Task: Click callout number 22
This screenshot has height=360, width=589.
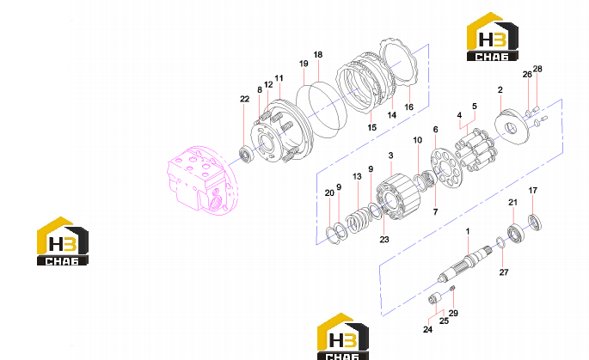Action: (x=244, y=99)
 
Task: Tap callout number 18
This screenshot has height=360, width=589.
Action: (x=318, y=55)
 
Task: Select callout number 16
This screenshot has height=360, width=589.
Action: (x=408, y=107)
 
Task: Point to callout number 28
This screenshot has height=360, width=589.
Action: (x=537, y=69)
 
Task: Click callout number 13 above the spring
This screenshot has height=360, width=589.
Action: (x=357, y=176)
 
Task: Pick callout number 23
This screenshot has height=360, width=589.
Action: (x=383, y=240)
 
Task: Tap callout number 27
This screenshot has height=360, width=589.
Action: (x=504, y=272)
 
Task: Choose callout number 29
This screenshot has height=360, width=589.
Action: (x=453, y=313)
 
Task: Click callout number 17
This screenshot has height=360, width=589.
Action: (x=532, y=191)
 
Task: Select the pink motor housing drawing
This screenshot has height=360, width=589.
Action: (x=203, y=180)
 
